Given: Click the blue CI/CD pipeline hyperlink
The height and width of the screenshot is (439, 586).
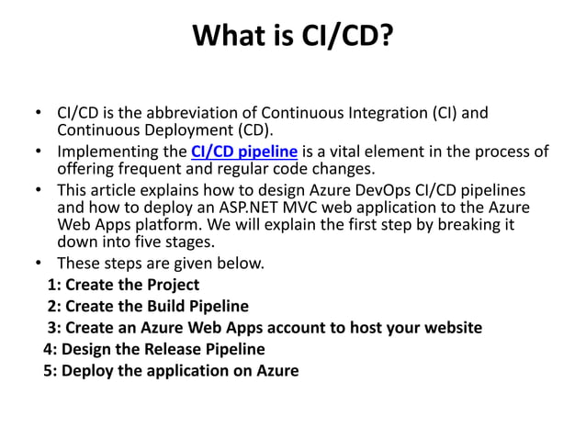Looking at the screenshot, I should (243, 152).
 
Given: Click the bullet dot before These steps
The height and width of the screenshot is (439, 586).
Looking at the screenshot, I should (38, 265).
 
